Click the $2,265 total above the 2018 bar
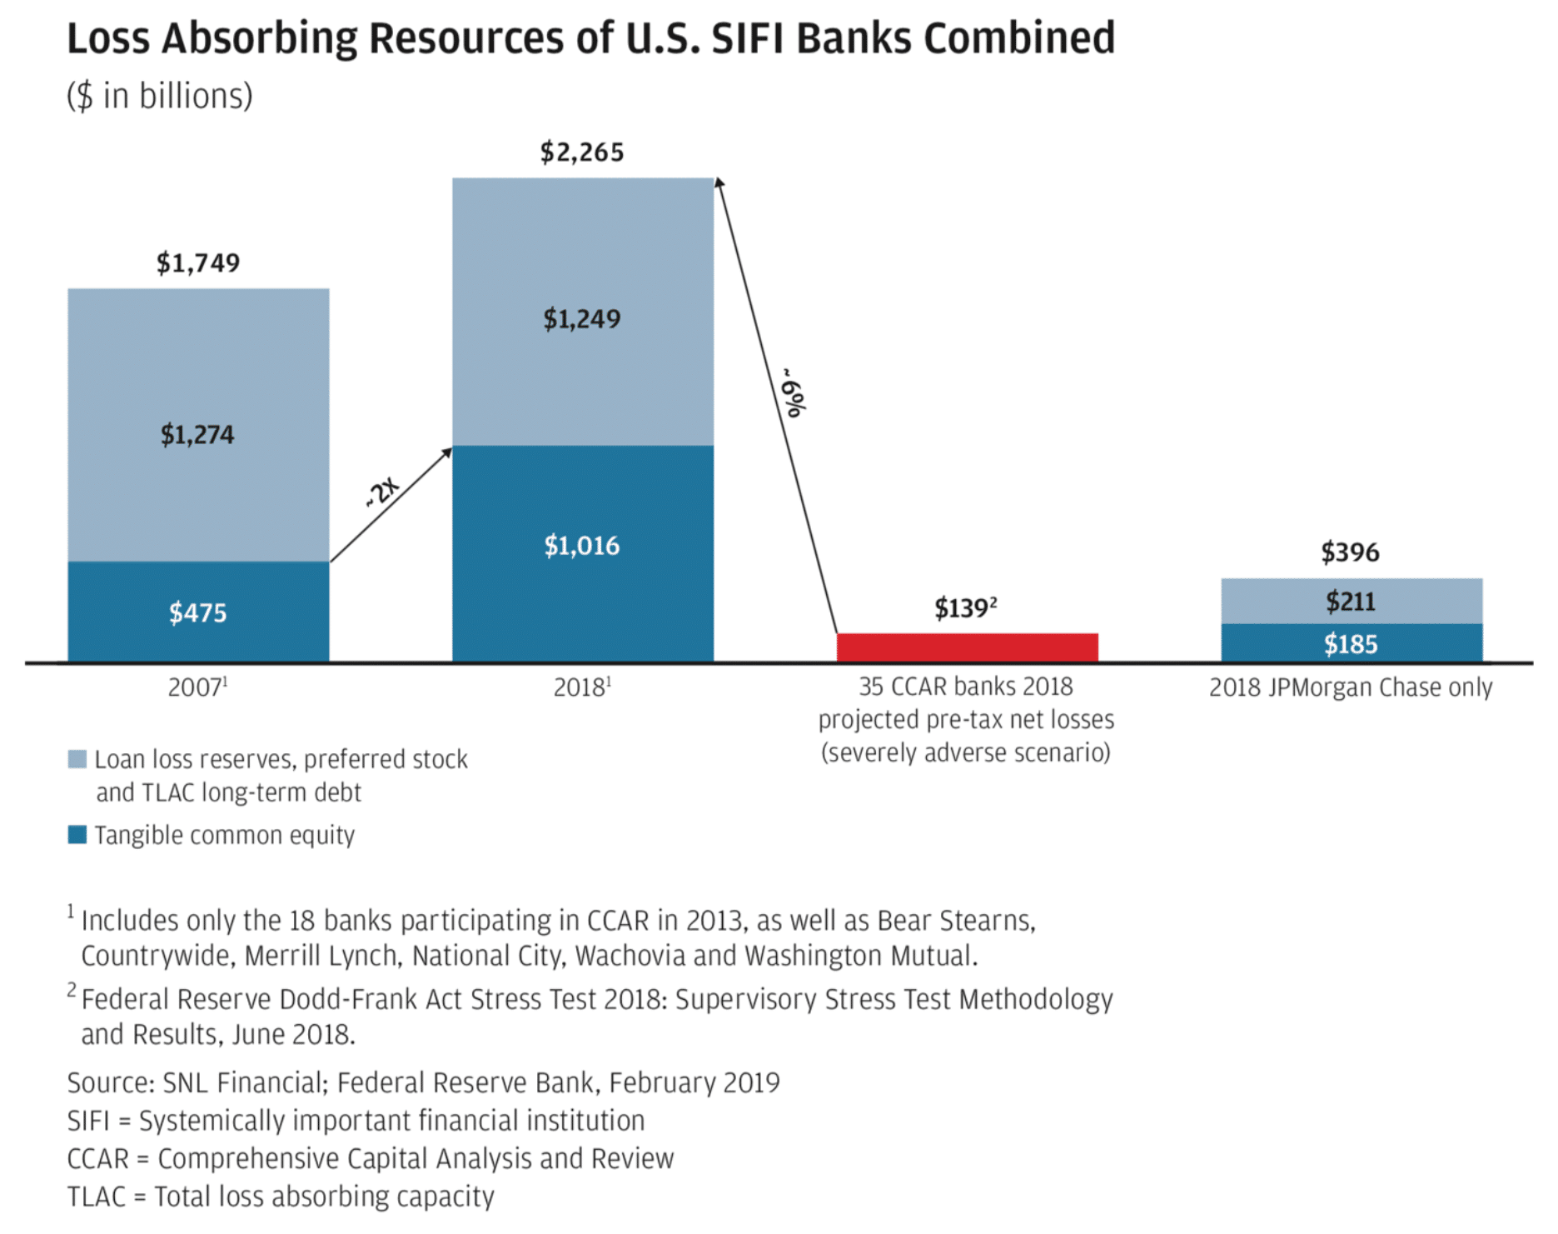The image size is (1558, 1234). pos(581,152)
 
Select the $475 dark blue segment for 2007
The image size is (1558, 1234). pos(198,612)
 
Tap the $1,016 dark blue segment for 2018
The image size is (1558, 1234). pos(582,546)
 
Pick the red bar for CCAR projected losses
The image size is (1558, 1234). pos(967,647)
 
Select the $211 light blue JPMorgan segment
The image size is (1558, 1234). pos(1351,601)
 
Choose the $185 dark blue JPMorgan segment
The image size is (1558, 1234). pos(1351,644)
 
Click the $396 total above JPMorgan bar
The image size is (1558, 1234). pos(1350,552)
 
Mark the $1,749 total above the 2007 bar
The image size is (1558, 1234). pos(198,263)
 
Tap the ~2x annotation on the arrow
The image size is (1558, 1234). pos(383,492)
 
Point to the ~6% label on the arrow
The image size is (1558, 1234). pos(793,393)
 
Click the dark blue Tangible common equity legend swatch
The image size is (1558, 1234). pos(77,835)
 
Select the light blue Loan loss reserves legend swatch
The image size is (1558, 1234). pos(77,759)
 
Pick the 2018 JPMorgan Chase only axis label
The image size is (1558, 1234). pos(1350,687)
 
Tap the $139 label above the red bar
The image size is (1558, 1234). pos(965,608)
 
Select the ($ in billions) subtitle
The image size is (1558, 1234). pos(160,97)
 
